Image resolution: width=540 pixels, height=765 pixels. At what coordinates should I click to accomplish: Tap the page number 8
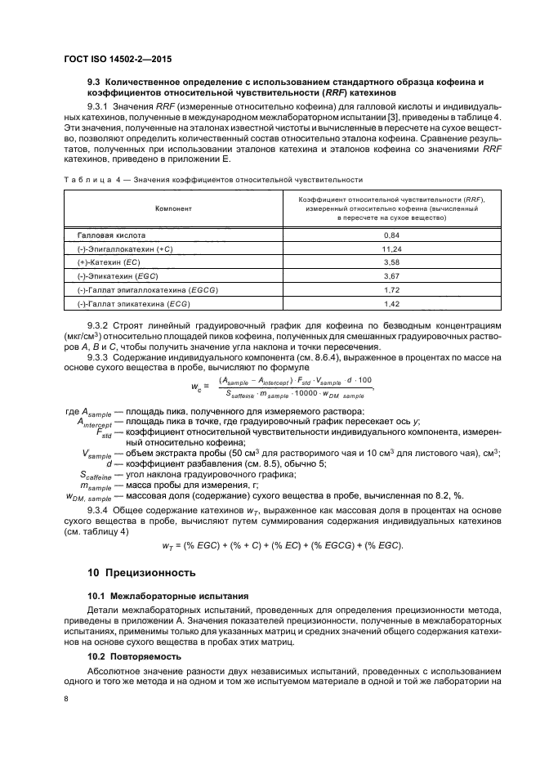[x=66, y=699]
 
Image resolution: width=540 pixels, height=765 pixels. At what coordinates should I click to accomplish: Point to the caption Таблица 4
[x=87, y=178]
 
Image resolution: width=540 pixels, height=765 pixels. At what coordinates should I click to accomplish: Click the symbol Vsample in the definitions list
[x=96, y=454]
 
